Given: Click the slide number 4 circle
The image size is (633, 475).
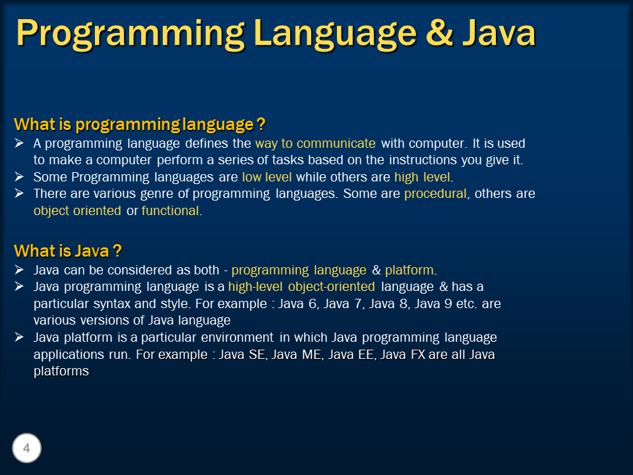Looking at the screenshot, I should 26,449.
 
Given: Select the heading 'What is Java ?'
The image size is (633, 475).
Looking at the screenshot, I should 68,251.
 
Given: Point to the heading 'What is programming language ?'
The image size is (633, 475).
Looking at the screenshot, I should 139,125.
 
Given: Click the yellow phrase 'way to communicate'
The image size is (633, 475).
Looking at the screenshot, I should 315,143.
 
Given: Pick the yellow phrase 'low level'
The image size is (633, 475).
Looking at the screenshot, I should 267,177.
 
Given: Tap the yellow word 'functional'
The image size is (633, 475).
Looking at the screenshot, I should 169,211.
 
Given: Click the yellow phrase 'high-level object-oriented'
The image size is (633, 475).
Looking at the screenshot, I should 301,287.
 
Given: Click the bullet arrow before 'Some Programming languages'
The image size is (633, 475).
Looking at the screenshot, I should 19,177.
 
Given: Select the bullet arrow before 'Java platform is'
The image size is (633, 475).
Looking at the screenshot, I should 19,338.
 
